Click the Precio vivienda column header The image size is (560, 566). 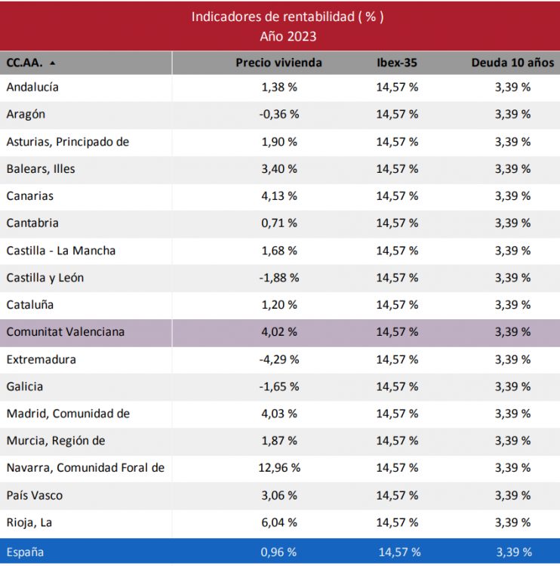click(x=278, y=63)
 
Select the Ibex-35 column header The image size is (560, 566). click(x=397, y=63)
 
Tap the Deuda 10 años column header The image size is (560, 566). click(x=512, y=63)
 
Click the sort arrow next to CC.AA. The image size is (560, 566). click(x=52, y=63)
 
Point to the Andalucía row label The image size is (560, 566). click(x=32, y=87)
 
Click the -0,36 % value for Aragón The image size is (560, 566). click(x=278, y=114)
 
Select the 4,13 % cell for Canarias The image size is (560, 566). click(x=278, y=195)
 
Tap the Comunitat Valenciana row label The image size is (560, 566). click(x=66, y=331)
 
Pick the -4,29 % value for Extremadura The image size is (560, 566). click(x=278, y=359)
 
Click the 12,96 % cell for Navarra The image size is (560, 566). click(x=278, y=468)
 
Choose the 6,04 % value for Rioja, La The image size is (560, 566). click(x=278, y=522)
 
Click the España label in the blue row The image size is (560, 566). click(x=25, y=552)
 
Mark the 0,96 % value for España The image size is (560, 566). click(x=278, y=552)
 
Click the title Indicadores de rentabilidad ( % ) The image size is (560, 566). click(x=287, y=17)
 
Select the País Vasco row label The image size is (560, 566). click(x=35, y=495)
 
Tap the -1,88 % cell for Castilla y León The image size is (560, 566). click(x=278, y=278)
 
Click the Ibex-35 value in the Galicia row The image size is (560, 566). click(x=397, y=386)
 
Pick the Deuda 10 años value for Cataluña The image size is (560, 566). click(x=512, y=305)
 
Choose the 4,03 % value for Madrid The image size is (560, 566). click(x=278, y=414)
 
